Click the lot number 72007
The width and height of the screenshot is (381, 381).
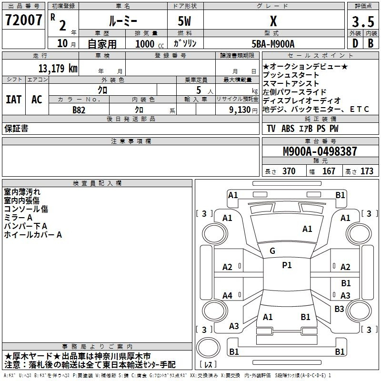[x=23, y=20]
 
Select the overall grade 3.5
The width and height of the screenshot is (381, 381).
[x=363, y=21]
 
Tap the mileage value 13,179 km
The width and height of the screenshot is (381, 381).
[x=58, y=68]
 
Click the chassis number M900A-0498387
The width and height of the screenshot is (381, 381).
[x=320, y=151]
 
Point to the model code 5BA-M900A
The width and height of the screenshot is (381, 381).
[x=273, y=44]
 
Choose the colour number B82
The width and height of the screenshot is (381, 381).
[x=79, y=110]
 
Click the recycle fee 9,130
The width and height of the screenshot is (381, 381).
[x=240, y=110]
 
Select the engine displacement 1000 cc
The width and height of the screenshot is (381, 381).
[x=150, y=44]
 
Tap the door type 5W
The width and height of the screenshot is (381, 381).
[x=184, y=21]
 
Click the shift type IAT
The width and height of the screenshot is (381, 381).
[x=14, y=100]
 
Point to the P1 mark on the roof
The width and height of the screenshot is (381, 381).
[x=287, y=265]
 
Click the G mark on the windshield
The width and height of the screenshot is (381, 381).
[x=272, y=251]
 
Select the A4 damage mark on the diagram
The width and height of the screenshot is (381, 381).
[x=228, y=295]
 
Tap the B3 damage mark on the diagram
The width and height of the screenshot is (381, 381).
[x=339, y=309]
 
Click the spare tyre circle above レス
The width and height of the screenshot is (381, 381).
[x=208, y=347]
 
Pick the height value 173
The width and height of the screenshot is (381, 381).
[x=367, y=171]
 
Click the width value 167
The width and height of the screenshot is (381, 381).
[x=329, y=171]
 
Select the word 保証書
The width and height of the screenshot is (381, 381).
[x=16, y=129]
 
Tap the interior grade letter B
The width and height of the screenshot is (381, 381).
[x=371, y=43]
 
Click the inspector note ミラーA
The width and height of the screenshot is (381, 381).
[x=18, y=218]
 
